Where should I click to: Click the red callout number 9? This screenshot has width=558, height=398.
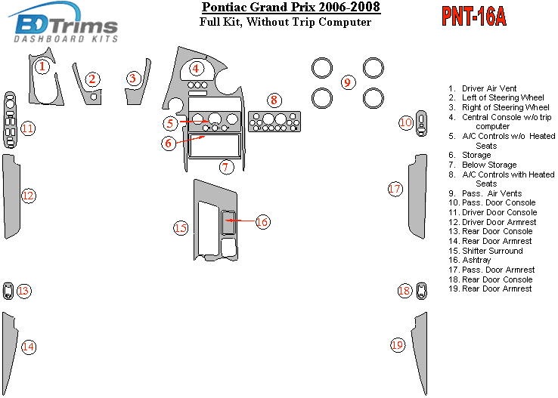[348, 82]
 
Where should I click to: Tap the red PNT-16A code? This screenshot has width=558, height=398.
[473, 17]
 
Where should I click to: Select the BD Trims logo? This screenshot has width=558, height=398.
[64, 23]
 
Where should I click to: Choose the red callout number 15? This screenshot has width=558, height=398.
[181, 228]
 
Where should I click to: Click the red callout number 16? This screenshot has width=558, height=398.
[262, 222]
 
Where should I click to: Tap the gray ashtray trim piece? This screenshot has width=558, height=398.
[228, 223]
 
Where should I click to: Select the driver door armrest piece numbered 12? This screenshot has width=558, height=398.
[11, 196]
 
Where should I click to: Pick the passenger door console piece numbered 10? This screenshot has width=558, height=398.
[421, 123]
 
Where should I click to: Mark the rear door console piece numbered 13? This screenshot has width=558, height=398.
[8, 291]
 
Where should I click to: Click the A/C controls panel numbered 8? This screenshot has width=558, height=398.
[274, 122]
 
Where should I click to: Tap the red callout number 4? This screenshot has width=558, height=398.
[196, 68]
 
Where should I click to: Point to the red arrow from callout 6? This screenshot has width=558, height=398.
[191, 139]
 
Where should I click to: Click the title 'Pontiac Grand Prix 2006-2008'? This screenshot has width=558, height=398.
[291, 7]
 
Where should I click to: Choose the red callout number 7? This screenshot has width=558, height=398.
[226, 167]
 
